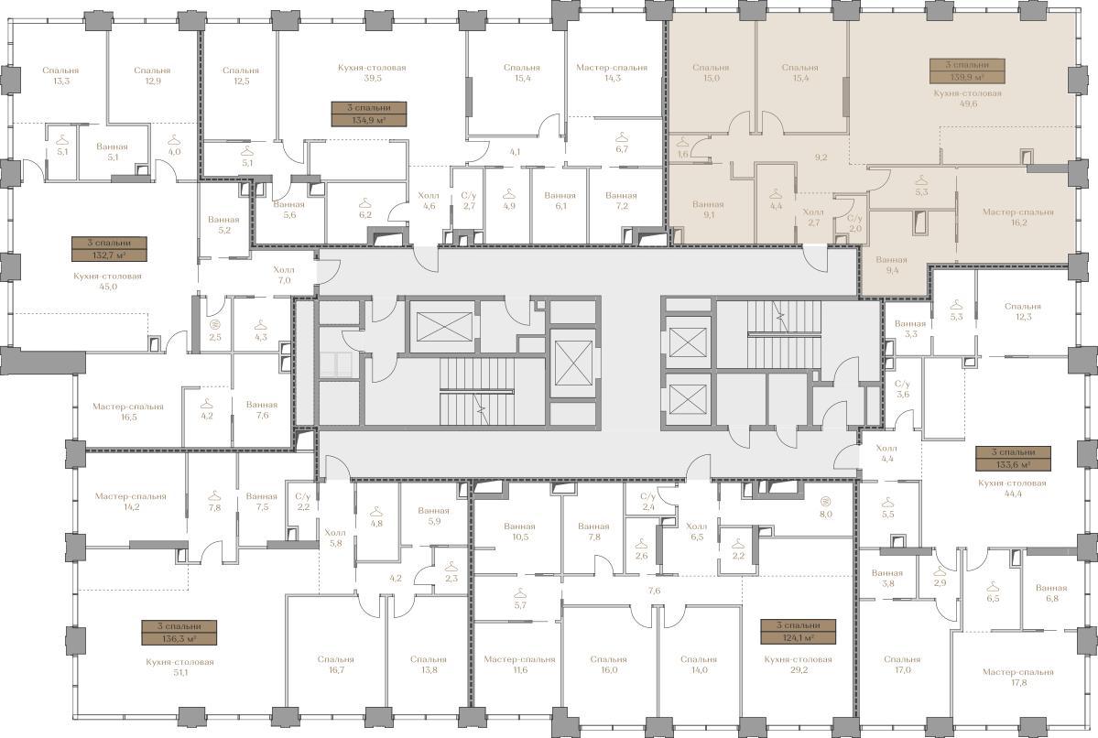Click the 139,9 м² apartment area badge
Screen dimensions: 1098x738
point(967,71)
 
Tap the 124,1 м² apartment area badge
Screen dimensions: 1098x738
point(799,632)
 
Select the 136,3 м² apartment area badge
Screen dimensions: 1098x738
point(179,633)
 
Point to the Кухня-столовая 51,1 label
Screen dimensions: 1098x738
point(180,667)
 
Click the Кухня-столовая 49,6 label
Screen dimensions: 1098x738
point(967,98)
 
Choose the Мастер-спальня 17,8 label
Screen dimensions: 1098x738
point(1017,678)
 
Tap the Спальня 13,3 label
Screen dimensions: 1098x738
point(60,76)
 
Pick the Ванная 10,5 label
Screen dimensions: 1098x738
point(519,531)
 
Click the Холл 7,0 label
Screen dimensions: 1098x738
point(284,275)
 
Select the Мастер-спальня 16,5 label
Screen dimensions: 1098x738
point(128,412)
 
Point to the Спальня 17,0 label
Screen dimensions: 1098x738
point(902,665)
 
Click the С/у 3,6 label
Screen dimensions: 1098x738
point(903,389)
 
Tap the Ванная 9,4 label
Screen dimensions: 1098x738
point(891,265)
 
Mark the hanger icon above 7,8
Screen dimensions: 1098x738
point(214,494)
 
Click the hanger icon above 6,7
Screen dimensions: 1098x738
point(621,136)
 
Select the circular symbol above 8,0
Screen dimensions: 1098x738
point(826,501)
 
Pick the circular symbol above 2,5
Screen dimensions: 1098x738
point(215,324)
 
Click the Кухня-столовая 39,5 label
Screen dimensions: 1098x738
point(372,73)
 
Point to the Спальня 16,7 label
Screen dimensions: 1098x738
point(335,665)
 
